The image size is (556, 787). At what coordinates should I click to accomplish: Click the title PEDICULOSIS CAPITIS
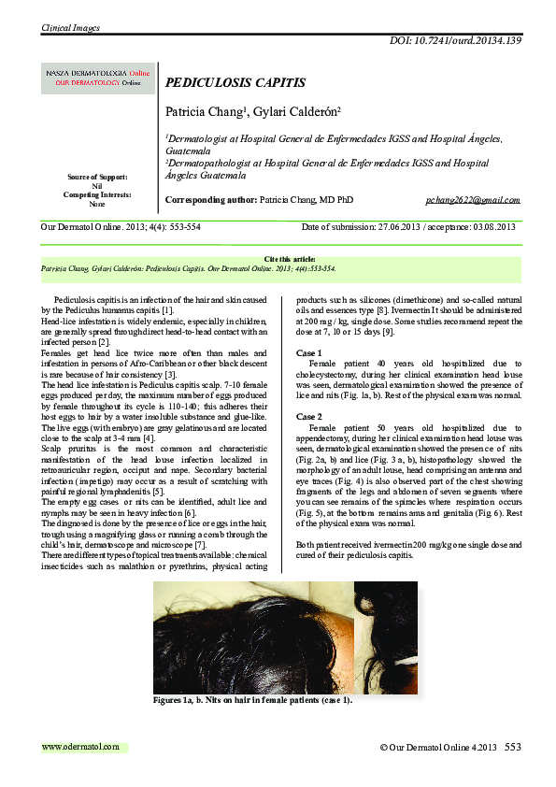pos(235,82)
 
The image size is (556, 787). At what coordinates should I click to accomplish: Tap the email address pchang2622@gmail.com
pos(472,200)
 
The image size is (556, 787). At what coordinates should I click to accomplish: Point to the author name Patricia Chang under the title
pos(206,111)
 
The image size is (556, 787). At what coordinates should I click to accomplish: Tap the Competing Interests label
pos(97,194)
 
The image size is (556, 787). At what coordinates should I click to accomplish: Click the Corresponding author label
pos(209,200)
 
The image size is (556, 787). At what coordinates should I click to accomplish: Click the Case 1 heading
pos(309,352)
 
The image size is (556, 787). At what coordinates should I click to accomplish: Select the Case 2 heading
pos(309,417)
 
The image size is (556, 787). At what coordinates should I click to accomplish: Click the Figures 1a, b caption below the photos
pos(252,699)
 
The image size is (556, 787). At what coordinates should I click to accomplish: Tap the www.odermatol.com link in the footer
pos(81,746)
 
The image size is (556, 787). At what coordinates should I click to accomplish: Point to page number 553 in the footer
pos(513,747)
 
